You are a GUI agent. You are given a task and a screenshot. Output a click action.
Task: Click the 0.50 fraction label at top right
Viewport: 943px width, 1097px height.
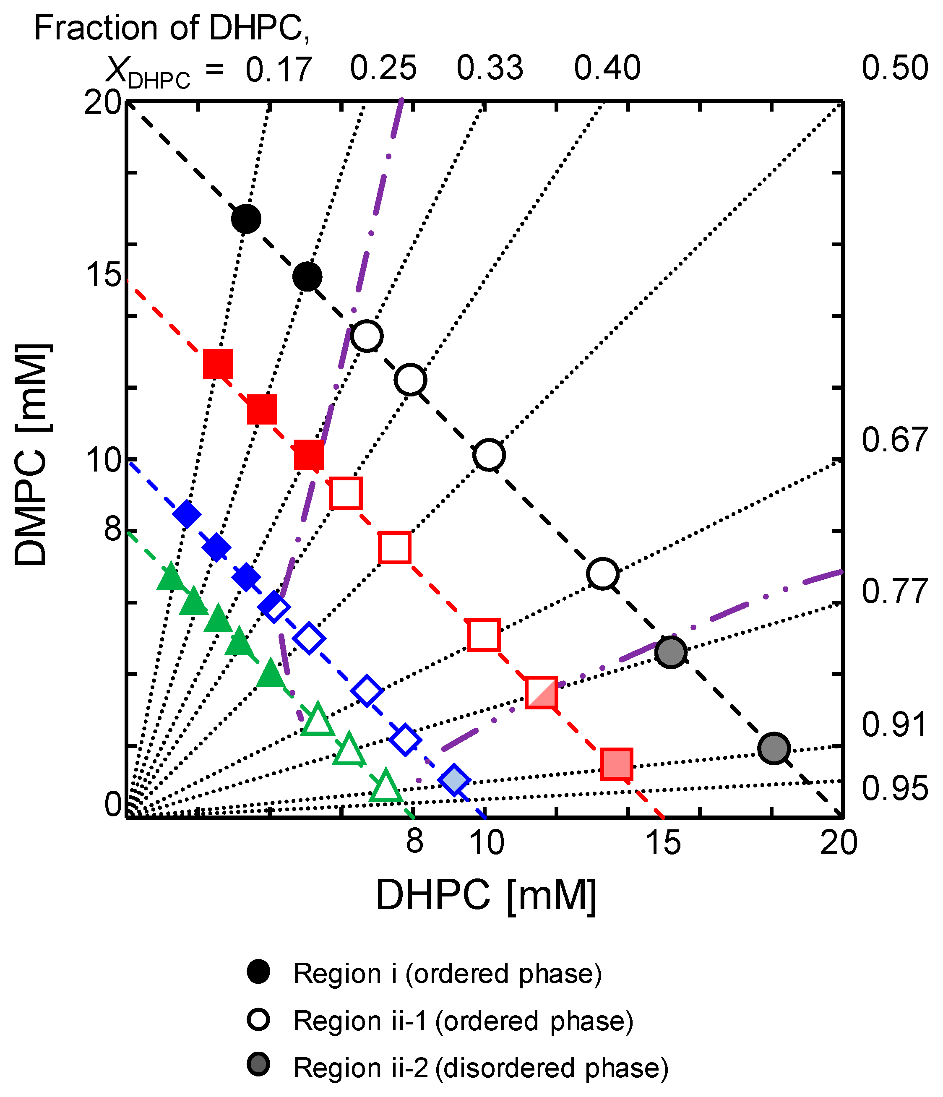894,68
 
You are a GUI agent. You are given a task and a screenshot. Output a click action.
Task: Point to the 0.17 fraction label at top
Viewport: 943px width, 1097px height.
279,69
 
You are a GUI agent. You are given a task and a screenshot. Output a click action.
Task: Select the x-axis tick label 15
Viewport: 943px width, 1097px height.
664,842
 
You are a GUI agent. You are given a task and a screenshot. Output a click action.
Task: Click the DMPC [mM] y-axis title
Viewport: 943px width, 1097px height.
32,455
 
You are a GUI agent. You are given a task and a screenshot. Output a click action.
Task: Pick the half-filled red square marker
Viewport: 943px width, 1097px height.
541,692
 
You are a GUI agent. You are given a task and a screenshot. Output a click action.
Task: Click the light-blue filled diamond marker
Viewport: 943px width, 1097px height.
454,779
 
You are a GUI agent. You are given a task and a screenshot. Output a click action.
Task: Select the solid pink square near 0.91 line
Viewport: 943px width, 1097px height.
617,764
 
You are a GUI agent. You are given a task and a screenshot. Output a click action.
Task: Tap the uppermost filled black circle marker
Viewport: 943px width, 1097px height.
246,218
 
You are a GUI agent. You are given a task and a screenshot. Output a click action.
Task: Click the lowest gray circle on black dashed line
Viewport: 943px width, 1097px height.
774,748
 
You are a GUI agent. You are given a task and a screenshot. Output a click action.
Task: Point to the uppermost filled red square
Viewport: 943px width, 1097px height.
218,364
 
